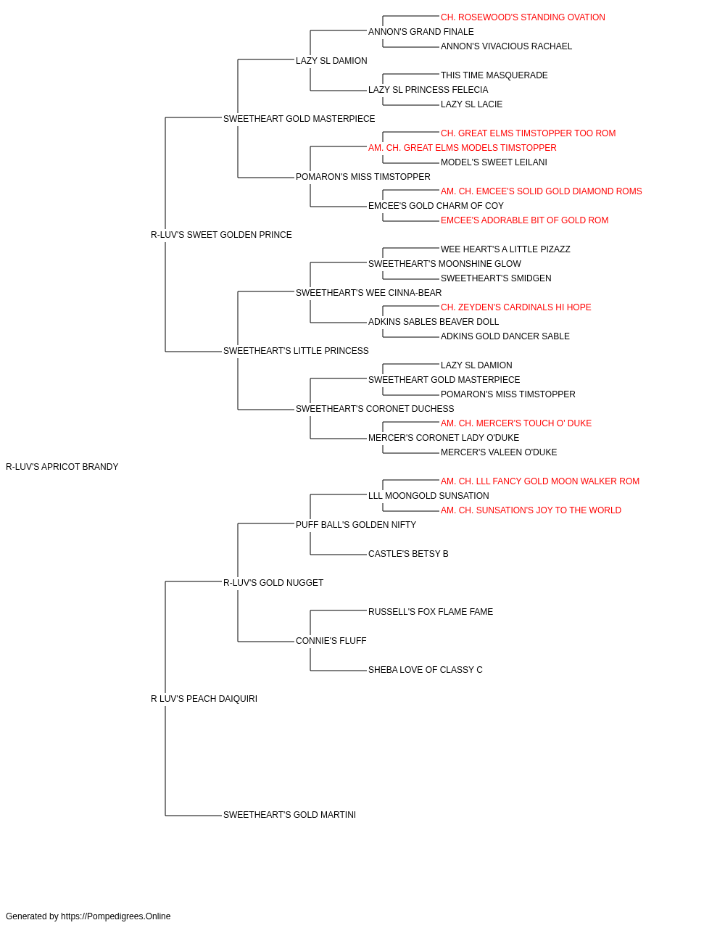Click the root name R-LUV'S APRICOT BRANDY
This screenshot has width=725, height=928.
pos(62,467)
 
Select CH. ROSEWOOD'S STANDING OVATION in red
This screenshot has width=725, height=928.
pos(523,17)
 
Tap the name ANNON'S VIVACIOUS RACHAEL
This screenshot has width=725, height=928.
pos(506,46)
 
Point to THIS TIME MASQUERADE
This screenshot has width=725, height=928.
pos(494,75)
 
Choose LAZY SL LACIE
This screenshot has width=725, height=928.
pos(471,104)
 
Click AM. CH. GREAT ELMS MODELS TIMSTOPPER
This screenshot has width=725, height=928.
pos(462,148)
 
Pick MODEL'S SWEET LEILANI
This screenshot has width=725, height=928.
pos(494,162)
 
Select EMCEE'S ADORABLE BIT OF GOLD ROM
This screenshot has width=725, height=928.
pos(524,220)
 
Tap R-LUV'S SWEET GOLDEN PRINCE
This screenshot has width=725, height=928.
pos(221,235)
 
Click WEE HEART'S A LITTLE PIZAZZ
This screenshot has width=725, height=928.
pos(505,249)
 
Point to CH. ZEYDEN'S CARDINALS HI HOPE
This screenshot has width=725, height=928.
pos(515,307)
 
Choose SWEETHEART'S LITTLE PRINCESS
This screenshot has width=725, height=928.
pos(296,351)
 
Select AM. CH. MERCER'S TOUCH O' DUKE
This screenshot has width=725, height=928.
pos(515,423)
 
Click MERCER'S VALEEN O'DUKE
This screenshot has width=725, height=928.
pos(499,452)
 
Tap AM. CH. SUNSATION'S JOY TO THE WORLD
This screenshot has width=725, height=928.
pos(531,510)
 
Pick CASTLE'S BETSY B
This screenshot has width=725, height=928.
pos(408,554)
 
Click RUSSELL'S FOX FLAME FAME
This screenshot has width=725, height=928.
pos(431,612)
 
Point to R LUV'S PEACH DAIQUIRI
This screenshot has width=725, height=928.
pos(204,699)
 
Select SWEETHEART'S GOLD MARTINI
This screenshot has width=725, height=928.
pos(289,815)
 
